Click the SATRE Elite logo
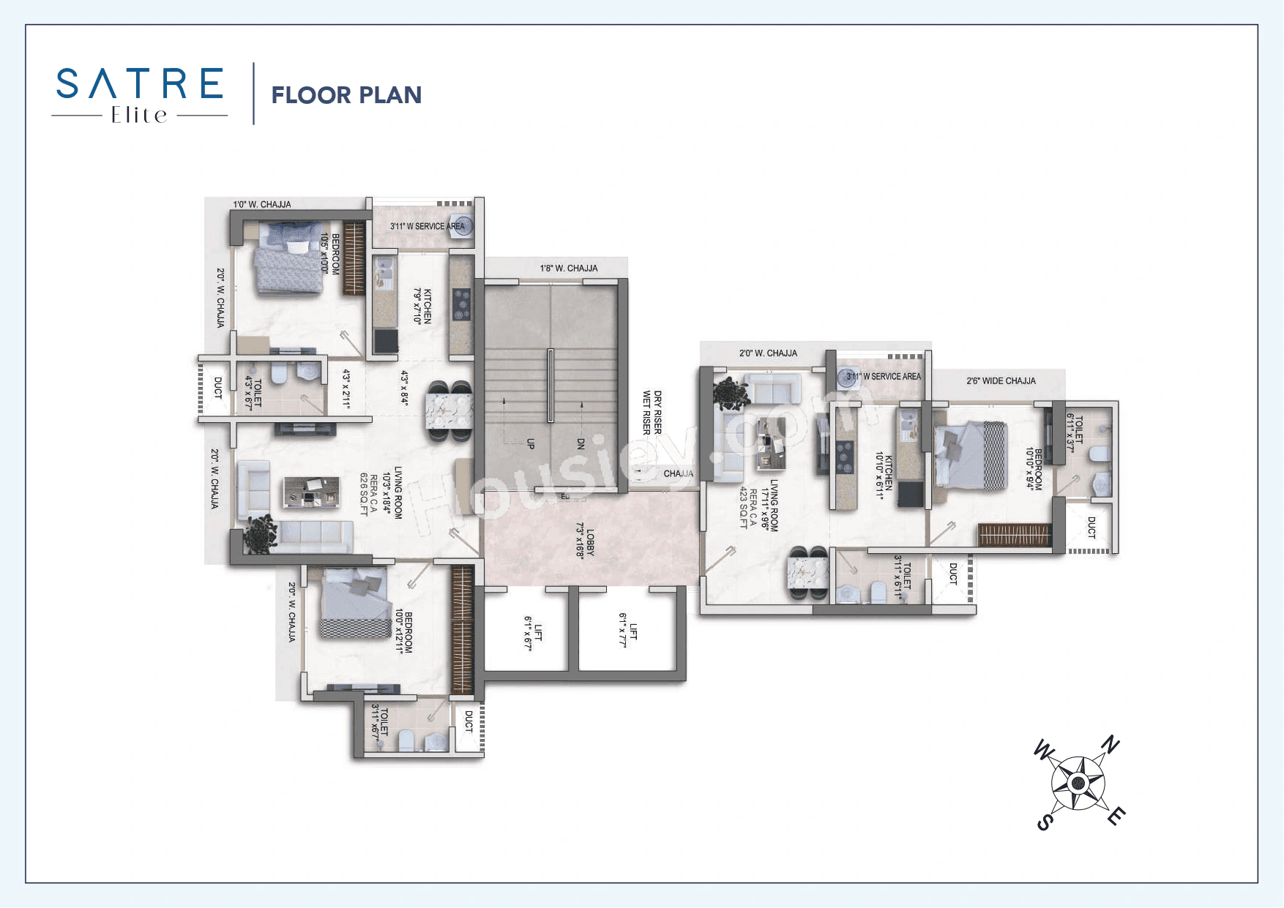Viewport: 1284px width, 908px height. [x=139, y=94]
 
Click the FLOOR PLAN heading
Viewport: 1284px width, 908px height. [x=346, y=95]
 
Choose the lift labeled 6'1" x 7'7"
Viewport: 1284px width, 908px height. [x=628, y=630]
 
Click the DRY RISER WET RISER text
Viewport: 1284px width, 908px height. [x=652, y=413]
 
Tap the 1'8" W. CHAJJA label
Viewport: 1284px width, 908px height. [x=569, y=269]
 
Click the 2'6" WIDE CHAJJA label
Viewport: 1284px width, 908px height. [x=1001, y=381]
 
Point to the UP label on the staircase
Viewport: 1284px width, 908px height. [x=531, y=443]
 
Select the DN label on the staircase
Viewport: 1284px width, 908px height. [x=581, y=443]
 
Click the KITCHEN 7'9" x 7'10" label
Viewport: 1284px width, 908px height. [x=422, y=306]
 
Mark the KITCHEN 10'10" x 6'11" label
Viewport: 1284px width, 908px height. [x=884, y=475]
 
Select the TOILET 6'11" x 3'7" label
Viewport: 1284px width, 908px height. [x=1075, y=432]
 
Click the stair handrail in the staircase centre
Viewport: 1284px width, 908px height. [x=550, y=385]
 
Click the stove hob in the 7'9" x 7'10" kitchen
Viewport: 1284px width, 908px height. [x=461, y=304]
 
